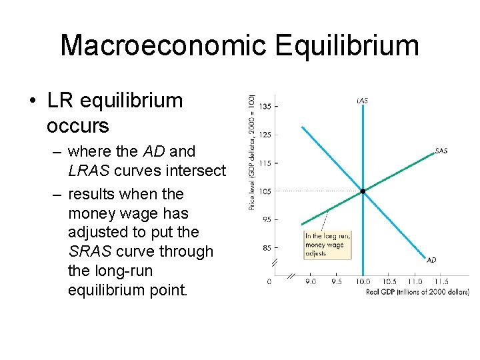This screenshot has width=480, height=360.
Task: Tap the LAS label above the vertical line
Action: [362, 101]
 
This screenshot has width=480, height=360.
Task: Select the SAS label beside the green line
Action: [441, 151]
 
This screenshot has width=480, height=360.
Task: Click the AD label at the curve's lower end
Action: [431, 260]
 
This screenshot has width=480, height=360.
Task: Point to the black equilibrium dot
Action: [363, 191]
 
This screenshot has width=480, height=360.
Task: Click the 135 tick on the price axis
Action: [265, 107]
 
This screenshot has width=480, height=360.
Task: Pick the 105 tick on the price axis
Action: [265, 191]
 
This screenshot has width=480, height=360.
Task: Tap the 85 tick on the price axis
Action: [265, 248]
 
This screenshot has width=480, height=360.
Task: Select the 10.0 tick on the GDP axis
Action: [362, 282]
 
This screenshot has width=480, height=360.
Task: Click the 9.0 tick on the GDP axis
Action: [311, 282]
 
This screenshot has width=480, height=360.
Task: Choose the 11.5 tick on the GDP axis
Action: [441, 282]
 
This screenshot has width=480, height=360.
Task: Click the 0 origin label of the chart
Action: [269, 282]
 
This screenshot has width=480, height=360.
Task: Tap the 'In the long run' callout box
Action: [327, 245]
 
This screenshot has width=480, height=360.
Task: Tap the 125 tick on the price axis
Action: [265, 135]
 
